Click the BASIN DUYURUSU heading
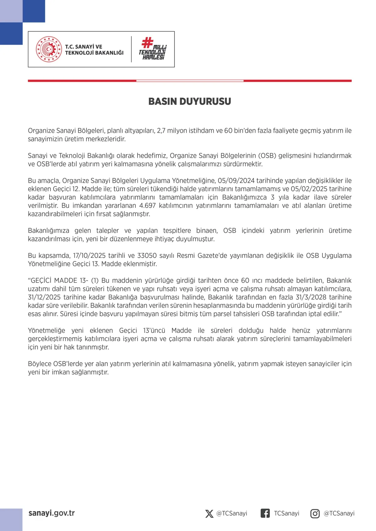click(190, 101)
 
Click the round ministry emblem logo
click(49, 49)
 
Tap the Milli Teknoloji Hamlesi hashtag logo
click(153, 49)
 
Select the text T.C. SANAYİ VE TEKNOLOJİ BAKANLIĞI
click(94, 50)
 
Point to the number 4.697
click(147, 206)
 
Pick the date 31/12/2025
click(44, 297)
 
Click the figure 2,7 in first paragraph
click(161, 130)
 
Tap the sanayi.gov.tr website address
click(52, 513)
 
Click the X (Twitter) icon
click(209, 513)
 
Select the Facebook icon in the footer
click(265, 513)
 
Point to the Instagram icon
click(315, 513)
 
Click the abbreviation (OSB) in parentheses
click(267, 156)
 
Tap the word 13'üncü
click(154, 331)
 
